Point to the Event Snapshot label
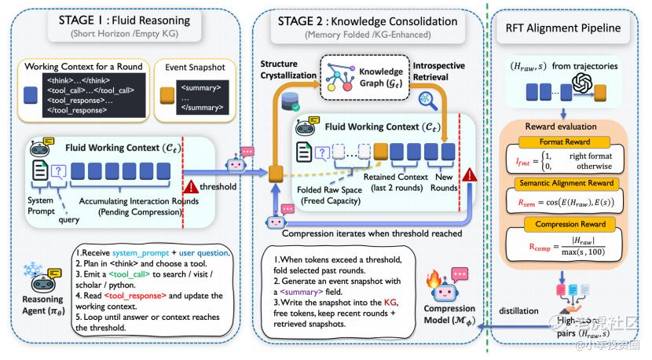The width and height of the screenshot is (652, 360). (x=194, y=67)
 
